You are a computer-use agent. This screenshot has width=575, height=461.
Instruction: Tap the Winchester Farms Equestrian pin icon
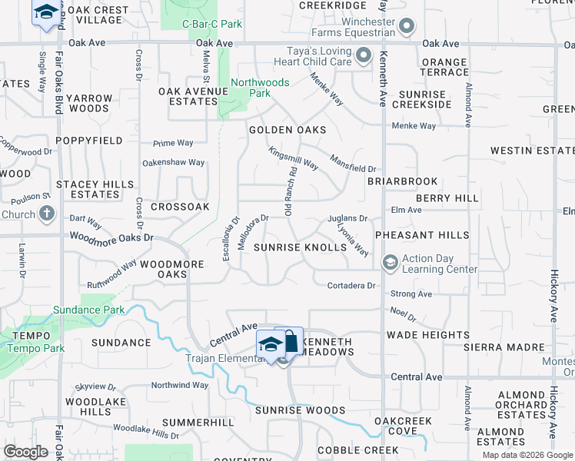coord(407,28)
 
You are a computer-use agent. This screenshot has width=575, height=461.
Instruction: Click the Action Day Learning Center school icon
coord(390,264)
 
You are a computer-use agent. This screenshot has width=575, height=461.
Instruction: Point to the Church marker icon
coord(47,214)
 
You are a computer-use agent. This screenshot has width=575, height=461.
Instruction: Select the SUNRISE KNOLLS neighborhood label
coord(301,247)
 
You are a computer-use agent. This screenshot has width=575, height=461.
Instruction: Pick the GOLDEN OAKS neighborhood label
coord(287,131)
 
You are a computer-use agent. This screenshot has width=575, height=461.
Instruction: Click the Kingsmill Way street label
coord(293,160)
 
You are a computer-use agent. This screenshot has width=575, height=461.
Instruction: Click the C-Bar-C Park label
coord(212,24)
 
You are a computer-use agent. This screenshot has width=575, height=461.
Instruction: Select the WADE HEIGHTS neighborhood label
coord(427,335)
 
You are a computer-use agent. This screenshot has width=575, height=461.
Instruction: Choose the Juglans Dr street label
coord(347,219)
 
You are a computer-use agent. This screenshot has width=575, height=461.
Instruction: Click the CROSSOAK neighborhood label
coord(180,207)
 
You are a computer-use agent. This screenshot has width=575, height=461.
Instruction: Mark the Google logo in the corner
coord(25,452)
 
